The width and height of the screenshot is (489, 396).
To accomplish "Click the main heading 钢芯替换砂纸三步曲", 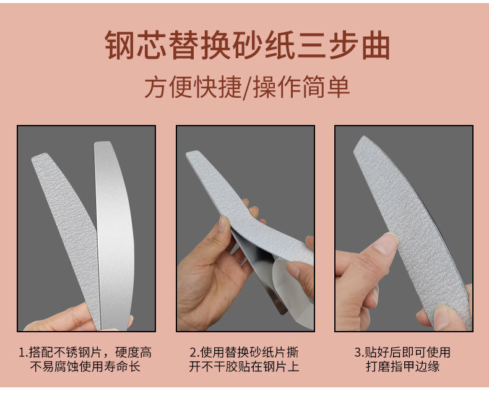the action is (x=247, y=45).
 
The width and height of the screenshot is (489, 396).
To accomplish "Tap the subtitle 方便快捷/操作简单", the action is (x=247, y=87).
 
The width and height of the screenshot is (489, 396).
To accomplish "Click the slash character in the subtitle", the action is (x=247, y=87).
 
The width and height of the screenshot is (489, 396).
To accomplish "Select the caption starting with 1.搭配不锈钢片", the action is (x=85, y=359).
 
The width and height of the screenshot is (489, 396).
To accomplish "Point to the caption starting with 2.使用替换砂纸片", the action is (x=244, y=359).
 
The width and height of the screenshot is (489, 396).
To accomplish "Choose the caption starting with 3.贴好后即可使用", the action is (x=402, y=359).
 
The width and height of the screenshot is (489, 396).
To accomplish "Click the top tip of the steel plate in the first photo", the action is (x=102, y=142).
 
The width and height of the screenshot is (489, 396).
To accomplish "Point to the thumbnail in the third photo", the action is (x=386, y=243).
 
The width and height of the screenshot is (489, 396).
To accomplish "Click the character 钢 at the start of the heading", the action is (x=119, y=45).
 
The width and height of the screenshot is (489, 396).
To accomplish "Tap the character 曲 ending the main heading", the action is (x=376, y=45).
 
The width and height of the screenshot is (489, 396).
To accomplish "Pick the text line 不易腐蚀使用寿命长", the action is (x=85, y=366).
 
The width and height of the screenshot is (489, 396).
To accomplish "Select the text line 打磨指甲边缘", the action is (x=402, y=366).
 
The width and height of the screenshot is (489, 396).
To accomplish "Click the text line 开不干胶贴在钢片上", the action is (x=244, y=366).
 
